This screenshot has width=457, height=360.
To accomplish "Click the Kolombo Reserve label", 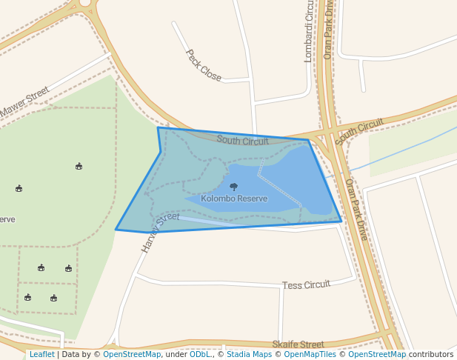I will (234, 199).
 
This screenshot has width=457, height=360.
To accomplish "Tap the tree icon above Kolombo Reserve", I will (234, 187).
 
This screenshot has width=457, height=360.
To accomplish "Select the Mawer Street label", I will (24, 102).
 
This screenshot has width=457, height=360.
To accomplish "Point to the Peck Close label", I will (203, 65).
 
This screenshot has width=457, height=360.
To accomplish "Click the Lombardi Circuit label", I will (309, 30).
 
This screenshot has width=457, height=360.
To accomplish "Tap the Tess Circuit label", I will (306, 285).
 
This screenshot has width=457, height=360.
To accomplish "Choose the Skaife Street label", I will (298, 344).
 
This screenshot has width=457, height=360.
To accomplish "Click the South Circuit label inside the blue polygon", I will (243, 140).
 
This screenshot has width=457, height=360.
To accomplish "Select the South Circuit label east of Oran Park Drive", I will (359, 131).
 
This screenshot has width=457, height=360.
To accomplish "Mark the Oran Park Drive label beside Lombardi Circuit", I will (329, 29).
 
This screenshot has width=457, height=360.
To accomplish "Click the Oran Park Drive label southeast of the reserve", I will (356, 209).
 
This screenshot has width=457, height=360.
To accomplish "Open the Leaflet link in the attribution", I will (42, 355).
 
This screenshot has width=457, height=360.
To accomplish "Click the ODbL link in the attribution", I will (200, 355).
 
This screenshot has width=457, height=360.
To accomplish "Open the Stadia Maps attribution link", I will (248, 355).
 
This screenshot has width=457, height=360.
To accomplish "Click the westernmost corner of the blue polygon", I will (116, 230).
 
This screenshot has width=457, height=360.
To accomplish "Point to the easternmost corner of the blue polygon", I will (341, 221).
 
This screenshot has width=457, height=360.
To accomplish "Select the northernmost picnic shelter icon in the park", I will (79, 166).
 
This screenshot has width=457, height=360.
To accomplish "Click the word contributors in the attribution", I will (431, 355).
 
